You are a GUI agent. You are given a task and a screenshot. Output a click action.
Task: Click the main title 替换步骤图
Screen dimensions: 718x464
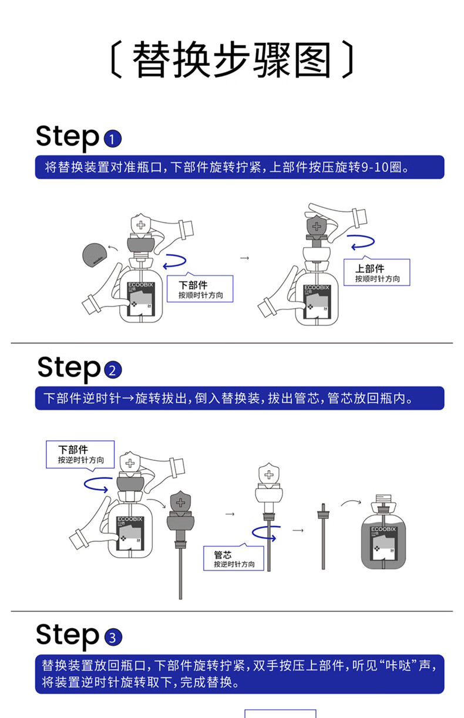click(232, 60)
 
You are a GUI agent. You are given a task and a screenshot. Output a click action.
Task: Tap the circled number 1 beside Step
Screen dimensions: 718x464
click(112, 139)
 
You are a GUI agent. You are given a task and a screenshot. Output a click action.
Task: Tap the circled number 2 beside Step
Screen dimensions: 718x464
click(112, 371)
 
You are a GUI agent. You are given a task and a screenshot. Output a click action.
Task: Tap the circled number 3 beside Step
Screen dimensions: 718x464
click(112, 638)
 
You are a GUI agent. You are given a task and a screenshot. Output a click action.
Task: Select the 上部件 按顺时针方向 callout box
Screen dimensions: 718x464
click(376, 272)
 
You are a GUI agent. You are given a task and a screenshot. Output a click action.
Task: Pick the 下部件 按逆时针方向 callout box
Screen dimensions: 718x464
click(80, 454)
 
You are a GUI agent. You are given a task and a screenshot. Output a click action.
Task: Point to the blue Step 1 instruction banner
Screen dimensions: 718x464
click(239, 167)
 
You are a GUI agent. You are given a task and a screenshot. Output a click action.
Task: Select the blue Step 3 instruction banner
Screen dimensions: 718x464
click(239, 674)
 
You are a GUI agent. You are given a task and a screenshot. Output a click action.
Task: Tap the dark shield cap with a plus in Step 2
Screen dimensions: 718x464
click(181, 504)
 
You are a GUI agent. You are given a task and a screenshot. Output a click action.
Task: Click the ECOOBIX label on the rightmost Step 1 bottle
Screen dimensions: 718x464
click(317, 287)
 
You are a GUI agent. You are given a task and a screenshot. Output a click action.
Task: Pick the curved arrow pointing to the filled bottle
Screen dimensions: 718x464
click(352, 503)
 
